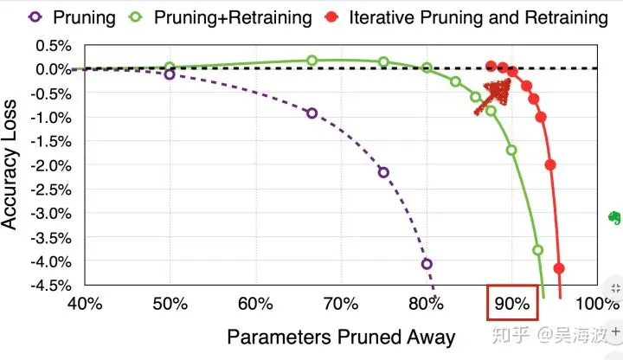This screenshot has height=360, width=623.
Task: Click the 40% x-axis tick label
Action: (85, 304)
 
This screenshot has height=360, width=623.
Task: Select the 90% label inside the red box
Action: (511, 304)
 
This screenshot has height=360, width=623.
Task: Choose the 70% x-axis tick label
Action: (341, 304)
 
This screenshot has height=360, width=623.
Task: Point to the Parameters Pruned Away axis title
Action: (341, 337)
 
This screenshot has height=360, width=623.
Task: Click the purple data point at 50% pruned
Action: (170, 74)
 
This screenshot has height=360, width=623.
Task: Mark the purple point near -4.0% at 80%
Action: (426, 264)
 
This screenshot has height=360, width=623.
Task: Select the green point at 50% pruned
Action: (170, 67)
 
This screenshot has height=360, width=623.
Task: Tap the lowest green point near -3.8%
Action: (537, 250)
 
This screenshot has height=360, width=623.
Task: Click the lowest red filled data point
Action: (559, 268)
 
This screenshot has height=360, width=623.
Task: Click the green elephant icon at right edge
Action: (613, 217)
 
